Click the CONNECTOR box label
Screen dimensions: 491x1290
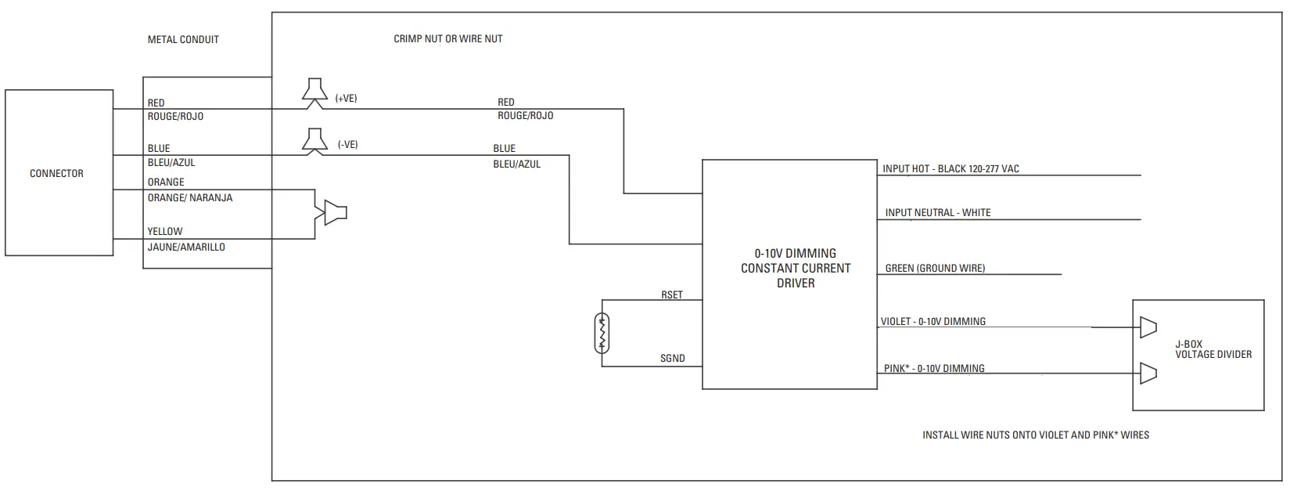pos(56,174)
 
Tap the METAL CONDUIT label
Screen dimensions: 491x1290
pos(183,39)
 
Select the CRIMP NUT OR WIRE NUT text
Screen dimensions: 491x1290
pos(447,38)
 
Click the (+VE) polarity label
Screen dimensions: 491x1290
pos(346,99)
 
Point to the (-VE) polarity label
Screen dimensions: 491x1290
pos(347,145)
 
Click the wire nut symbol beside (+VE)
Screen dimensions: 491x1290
pos(314,91)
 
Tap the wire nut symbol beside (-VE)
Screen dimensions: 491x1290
pos(314,139)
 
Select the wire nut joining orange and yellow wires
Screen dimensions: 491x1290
pos(332,212)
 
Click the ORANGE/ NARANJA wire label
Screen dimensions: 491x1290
pos(189,198)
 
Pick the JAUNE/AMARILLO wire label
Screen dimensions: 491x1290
pos(186,247)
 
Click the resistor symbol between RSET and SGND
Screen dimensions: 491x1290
pos(602,332)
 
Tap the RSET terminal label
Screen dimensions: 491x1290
pos(671,295)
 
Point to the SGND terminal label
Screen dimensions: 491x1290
pos(672,359)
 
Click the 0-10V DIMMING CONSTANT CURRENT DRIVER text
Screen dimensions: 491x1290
pos(796,268)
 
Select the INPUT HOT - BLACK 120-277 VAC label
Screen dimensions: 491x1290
pos(950,168)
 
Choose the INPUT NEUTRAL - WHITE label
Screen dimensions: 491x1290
pos(937,212)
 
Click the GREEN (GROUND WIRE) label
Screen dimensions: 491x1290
pos(935,268)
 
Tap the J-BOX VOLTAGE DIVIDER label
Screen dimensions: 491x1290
pos(1213,349)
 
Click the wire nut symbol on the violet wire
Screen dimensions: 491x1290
pos(1148,327)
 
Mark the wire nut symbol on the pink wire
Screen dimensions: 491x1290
pos(1148,374)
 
